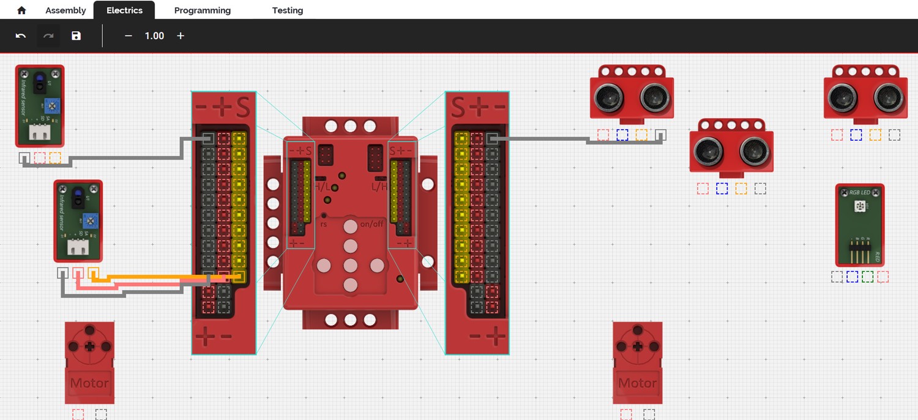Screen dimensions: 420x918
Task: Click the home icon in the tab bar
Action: [21, 10]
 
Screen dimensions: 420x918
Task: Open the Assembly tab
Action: [65, 10]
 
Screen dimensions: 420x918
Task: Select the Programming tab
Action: [203, 10]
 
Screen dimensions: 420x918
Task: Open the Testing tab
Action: [288, 10]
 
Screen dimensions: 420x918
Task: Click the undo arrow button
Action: [21, 36]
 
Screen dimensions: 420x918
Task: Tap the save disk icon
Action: [76, 36]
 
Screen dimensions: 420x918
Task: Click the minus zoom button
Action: [129, 36]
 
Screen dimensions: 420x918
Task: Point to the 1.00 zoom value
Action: [154, 36]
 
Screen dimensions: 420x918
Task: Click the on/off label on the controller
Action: [371, 223]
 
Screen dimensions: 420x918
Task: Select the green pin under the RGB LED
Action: [867, 277]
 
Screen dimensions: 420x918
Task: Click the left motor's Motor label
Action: [89, 383]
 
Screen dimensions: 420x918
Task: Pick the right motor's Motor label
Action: [638, 383]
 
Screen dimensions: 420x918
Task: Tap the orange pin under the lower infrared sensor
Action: [94, 273]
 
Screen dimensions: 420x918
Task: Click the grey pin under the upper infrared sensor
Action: [24, 158]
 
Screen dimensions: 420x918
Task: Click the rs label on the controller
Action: [324, 224]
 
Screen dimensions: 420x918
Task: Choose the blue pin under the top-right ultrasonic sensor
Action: [856, 135]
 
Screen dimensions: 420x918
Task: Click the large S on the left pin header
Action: [243, 108]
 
